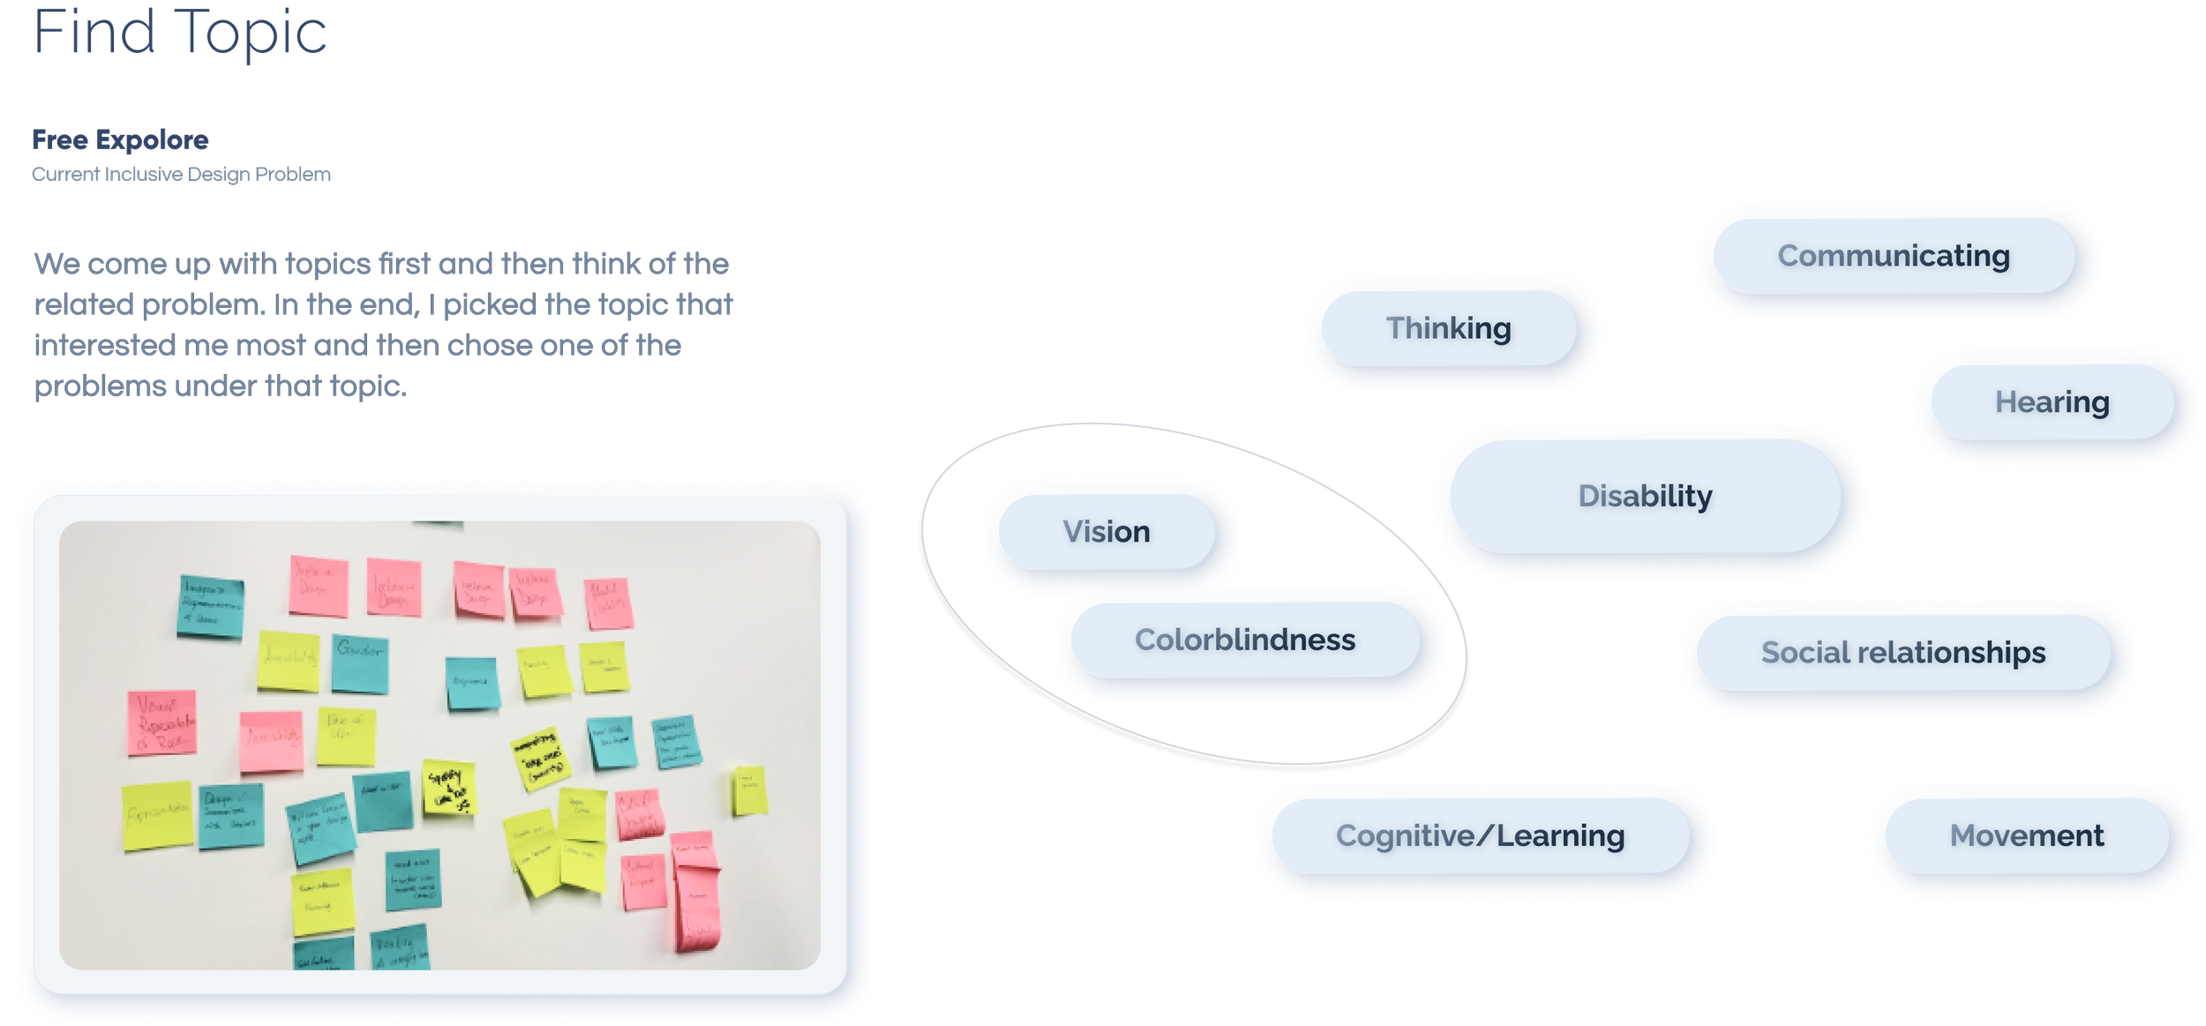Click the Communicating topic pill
tap(1894, 256)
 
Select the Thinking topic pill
tap(1448, 328)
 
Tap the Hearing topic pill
tap(2052, 402)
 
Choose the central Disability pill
tap(1645, 496)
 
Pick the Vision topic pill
tap(1106, 532)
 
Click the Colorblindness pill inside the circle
tap(1244, 640)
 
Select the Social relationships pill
tap(1902, 653)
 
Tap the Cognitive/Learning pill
tap(1480, 835)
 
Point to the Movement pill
tap(2026, 835)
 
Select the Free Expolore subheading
tap(120, 140)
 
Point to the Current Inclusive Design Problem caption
tap(181, 175)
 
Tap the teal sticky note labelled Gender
tap(360, 663)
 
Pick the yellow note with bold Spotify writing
tap(449, 787)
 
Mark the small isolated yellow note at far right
tap(748, 790)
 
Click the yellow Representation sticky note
tap(158, 815)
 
